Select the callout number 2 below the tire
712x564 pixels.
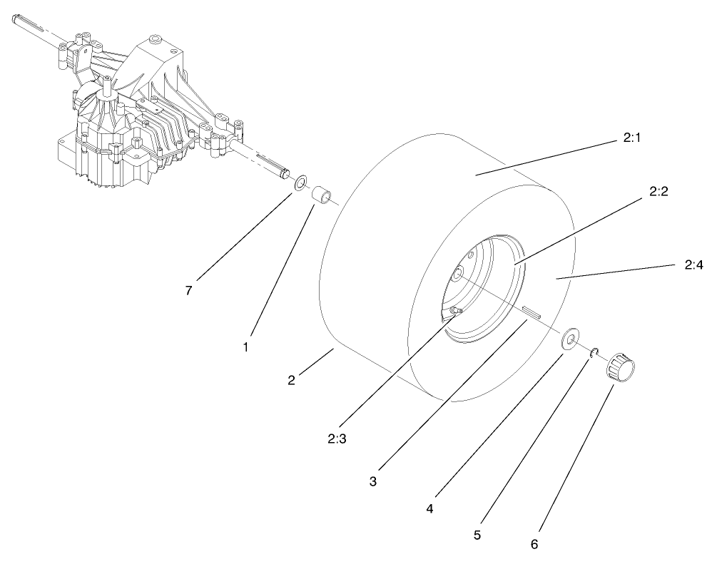(x=291, y=379)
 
